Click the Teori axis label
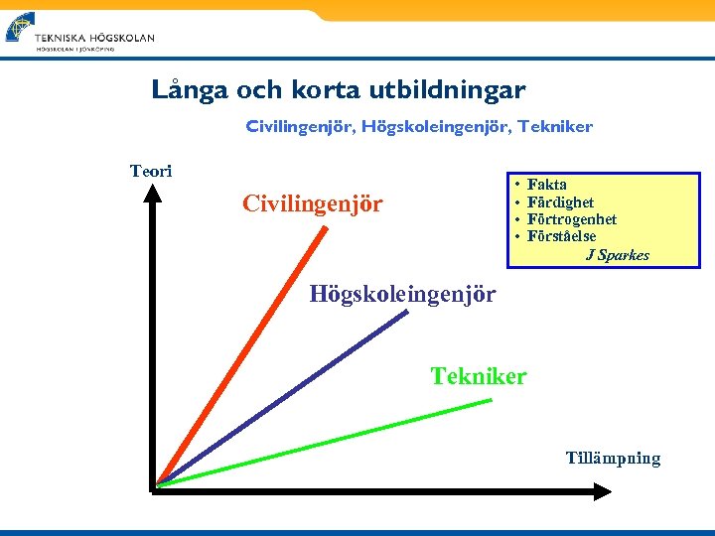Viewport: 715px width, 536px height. [x=151, y=171]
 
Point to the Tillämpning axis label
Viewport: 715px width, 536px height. [x=613, y=458]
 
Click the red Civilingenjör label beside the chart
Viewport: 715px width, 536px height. [x=312, y=204]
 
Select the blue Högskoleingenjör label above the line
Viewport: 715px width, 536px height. [x=402, y=293]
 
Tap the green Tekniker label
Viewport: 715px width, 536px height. [x=478, y=376]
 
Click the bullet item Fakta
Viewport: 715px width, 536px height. [x=547, y=185]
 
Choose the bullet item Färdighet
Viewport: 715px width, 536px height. [x=560, y=202]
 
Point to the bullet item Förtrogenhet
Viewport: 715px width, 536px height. [x=572, y=219]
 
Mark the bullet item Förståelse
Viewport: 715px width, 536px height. [x=562, y=236]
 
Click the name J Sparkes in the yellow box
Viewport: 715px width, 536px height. [x=617, y=255]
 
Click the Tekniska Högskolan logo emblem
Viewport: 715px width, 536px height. [x=20, y=27]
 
